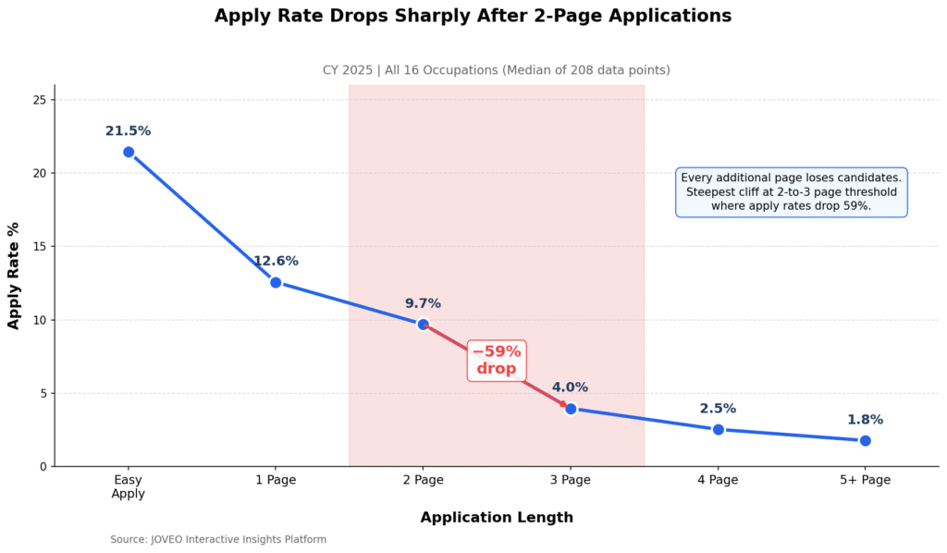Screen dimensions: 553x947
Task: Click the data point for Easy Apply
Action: click(129, 152)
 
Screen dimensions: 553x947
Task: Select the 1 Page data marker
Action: click(276, 282)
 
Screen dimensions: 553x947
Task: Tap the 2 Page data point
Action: click(423, 325)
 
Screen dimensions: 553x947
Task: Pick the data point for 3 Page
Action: click(571, 409)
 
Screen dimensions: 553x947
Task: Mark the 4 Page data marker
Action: click(718, 429)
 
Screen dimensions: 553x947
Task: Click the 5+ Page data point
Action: click(865, 440)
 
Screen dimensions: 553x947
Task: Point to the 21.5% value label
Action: click(129, 131)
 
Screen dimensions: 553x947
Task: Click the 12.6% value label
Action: click(276, 262)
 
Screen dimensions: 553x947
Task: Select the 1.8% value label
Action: click(865, 420)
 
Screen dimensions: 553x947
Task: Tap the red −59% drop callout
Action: click(497, 360)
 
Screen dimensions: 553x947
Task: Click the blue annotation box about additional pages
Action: click(791, 191)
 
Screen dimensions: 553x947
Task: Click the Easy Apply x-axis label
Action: click(129, 486)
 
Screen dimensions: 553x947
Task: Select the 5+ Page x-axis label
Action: click(865, 480)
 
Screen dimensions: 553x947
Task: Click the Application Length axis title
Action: click(497, 518)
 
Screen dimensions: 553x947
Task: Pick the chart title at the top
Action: click(473, 16)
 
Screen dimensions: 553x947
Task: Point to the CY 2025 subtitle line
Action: click(496, 70)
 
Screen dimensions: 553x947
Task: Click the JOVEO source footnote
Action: click(218, 539)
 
